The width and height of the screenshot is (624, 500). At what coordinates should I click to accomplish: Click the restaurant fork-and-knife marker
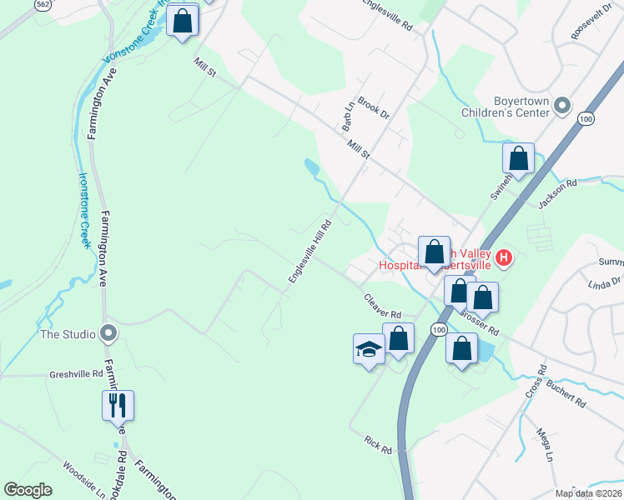coord(118,406)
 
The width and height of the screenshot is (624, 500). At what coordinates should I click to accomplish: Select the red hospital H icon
coord(503,258)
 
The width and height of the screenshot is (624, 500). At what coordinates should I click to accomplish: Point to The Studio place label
coord(68,334)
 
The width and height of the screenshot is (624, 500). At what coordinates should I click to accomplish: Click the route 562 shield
coord(44,4)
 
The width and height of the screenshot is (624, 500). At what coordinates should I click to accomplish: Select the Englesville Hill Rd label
coord(311,251)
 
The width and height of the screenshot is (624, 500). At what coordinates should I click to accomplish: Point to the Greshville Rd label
coord(75,374)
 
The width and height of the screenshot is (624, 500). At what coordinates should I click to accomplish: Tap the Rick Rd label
coord(378,443)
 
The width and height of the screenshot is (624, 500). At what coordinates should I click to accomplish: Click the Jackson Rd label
coord(557,194)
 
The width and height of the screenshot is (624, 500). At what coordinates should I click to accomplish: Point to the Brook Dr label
coord(374,109)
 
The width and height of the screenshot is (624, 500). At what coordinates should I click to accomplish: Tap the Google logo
coord(28,490)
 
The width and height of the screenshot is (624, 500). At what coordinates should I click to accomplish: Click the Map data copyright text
coord(587,493)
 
